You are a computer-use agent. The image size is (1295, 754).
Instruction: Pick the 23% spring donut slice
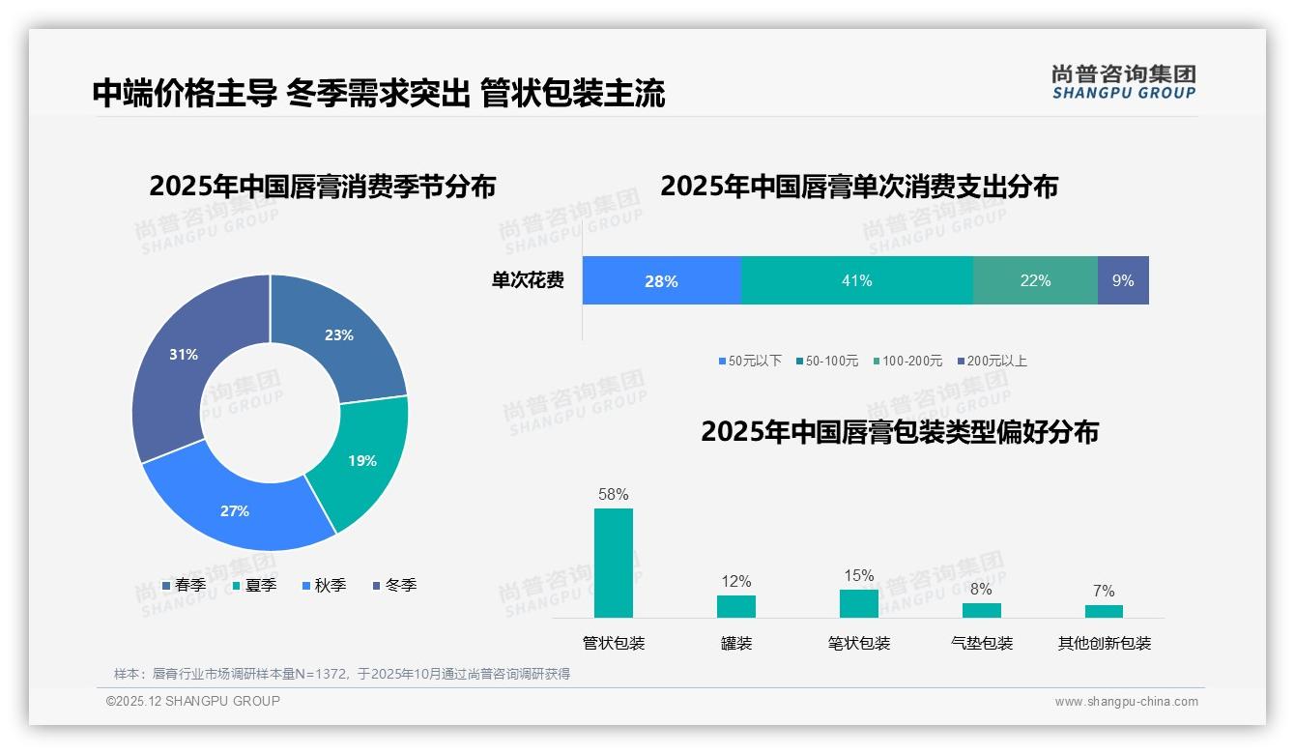(338, 335)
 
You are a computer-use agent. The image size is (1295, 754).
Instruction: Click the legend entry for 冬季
(394, 585)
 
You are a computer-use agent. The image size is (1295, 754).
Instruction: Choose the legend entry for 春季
(184, 585)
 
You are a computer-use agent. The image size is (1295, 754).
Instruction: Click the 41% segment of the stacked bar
(856, 280)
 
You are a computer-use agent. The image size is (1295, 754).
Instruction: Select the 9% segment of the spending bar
(1123, 280)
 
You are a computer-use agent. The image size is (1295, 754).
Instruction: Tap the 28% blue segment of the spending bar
(661, 280)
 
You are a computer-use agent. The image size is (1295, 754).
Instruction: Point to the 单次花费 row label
(528, 280)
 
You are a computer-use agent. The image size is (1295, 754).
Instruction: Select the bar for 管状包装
(614, 563)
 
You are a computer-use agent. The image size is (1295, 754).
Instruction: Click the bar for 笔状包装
(859, 603)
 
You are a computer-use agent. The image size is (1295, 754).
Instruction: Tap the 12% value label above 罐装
(736, 581)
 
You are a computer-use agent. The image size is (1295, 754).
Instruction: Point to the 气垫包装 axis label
(982, 643)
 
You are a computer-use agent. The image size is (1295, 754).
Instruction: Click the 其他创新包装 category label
(1105, 643)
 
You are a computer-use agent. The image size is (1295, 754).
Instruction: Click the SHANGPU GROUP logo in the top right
(1124, 81)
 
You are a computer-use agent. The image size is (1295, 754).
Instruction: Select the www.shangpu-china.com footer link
(1126, 702)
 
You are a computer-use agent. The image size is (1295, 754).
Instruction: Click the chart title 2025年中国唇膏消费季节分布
(322, 186)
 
